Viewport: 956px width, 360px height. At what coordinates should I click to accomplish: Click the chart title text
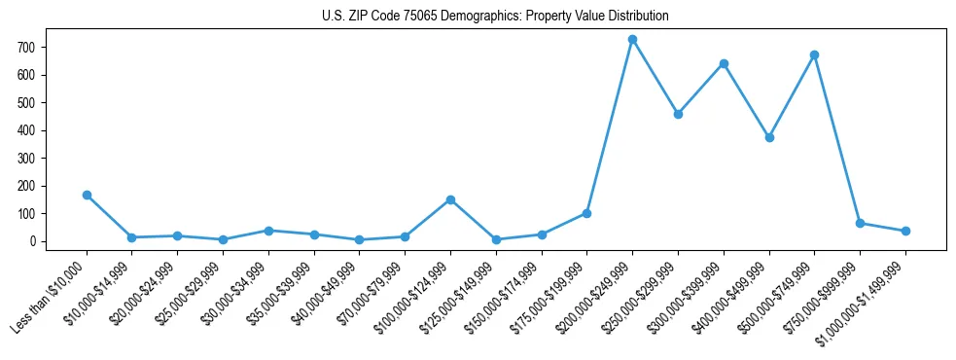tap(495, 17)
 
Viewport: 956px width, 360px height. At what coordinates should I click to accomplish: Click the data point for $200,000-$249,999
tap(632, 40)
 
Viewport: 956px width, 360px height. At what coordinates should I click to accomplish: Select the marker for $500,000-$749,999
tap(814, 55)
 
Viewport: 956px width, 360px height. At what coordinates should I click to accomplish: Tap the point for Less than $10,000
tap(87, 195)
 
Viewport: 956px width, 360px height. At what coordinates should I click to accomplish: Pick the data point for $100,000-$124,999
tap(450, 199)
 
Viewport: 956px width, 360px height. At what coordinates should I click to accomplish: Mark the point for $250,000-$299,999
tap(678, 114)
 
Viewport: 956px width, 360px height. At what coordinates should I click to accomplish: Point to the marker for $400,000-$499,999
tap(769, 137)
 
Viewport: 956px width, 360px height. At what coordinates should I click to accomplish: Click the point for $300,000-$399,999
tap(724, 64)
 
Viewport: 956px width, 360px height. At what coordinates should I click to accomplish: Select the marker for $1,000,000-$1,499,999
tap(905, 231)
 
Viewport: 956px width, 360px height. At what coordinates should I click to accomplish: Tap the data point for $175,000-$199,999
tap(586, 213)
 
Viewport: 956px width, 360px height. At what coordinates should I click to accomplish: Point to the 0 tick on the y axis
tap(31, 241)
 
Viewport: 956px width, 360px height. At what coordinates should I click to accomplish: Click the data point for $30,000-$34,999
tap(268, 231)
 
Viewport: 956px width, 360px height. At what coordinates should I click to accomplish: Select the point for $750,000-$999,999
tap(860, 223)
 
